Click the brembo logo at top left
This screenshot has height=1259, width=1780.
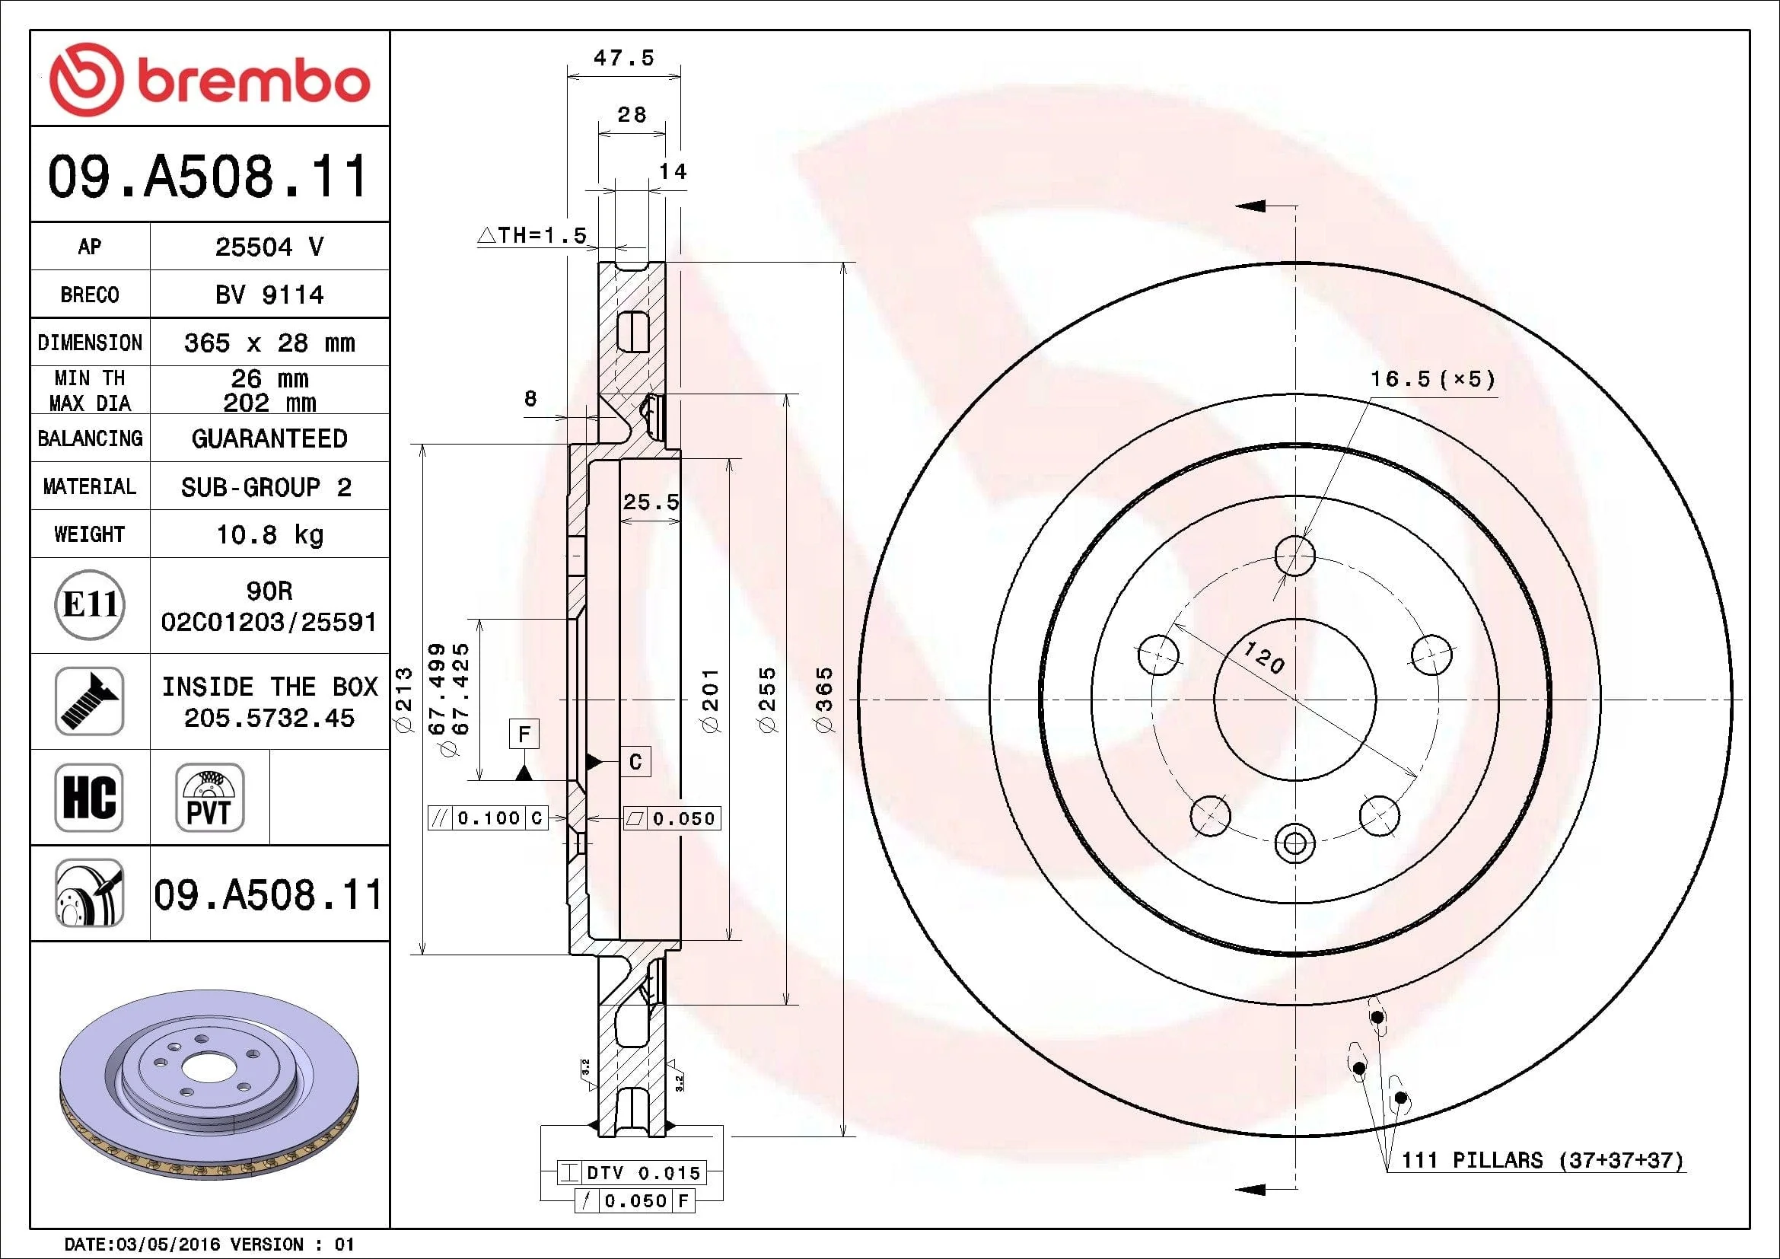tap(209, 79)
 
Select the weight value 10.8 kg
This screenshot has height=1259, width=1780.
tap(269, 534)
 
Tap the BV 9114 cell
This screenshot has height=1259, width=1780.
tap(269, 295)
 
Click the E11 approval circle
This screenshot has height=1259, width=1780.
tap(90, 604)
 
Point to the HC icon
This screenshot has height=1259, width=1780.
tap(89, 797)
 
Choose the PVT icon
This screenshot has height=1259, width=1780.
tap(209, 797)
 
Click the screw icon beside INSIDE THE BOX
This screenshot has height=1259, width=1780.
tap(89, 701)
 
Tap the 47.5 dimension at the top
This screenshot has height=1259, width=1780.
tap(624, 57)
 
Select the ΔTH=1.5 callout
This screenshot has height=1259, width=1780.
tap(533, 235)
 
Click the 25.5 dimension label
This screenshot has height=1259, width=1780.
tap(651, 502)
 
